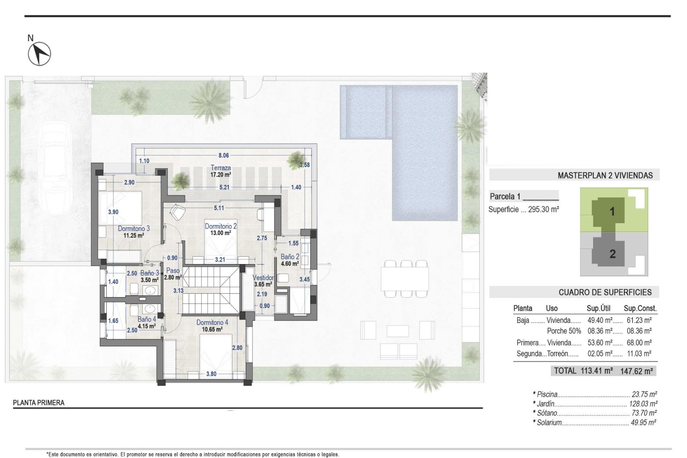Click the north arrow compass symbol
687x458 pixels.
click(x=39, y=54)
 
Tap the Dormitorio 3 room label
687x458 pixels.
click(x=133, y=229)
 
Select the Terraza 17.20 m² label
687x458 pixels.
click(x=220, y=171)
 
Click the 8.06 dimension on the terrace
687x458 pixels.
click(x=223, y=155)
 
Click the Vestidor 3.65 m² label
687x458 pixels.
click(x=263, y=281)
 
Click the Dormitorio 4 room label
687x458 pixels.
click(x=212, y=323)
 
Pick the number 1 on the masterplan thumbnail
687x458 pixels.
click(x=612, y=211)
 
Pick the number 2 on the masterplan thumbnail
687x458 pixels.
click(x=612, y=254)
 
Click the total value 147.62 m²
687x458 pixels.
click(x=637, y=371)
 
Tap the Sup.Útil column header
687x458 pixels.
click(x=598, y=308)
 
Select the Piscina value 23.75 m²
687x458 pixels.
click(x=644, y=394)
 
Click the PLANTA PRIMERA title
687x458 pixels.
click(x=39, y=403)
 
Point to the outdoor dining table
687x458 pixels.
click(x=405, y=279)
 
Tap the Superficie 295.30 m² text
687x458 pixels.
click(x=523, y=209)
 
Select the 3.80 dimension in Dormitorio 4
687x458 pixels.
click(x=211, y=374)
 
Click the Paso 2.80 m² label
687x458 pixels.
click(x=173, y=274)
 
